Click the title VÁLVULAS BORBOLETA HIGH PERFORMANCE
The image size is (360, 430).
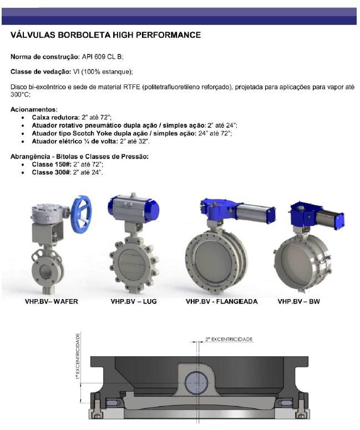pyautogui.click(x=105, y=35)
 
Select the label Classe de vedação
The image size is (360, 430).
pyautogui.click(x=40, y=72)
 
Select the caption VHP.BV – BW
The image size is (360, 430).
pyautogui.click(x=298, y=302)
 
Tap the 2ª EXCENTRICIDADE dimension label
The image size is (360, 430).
pyautogui.click(x=229, y=338)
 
